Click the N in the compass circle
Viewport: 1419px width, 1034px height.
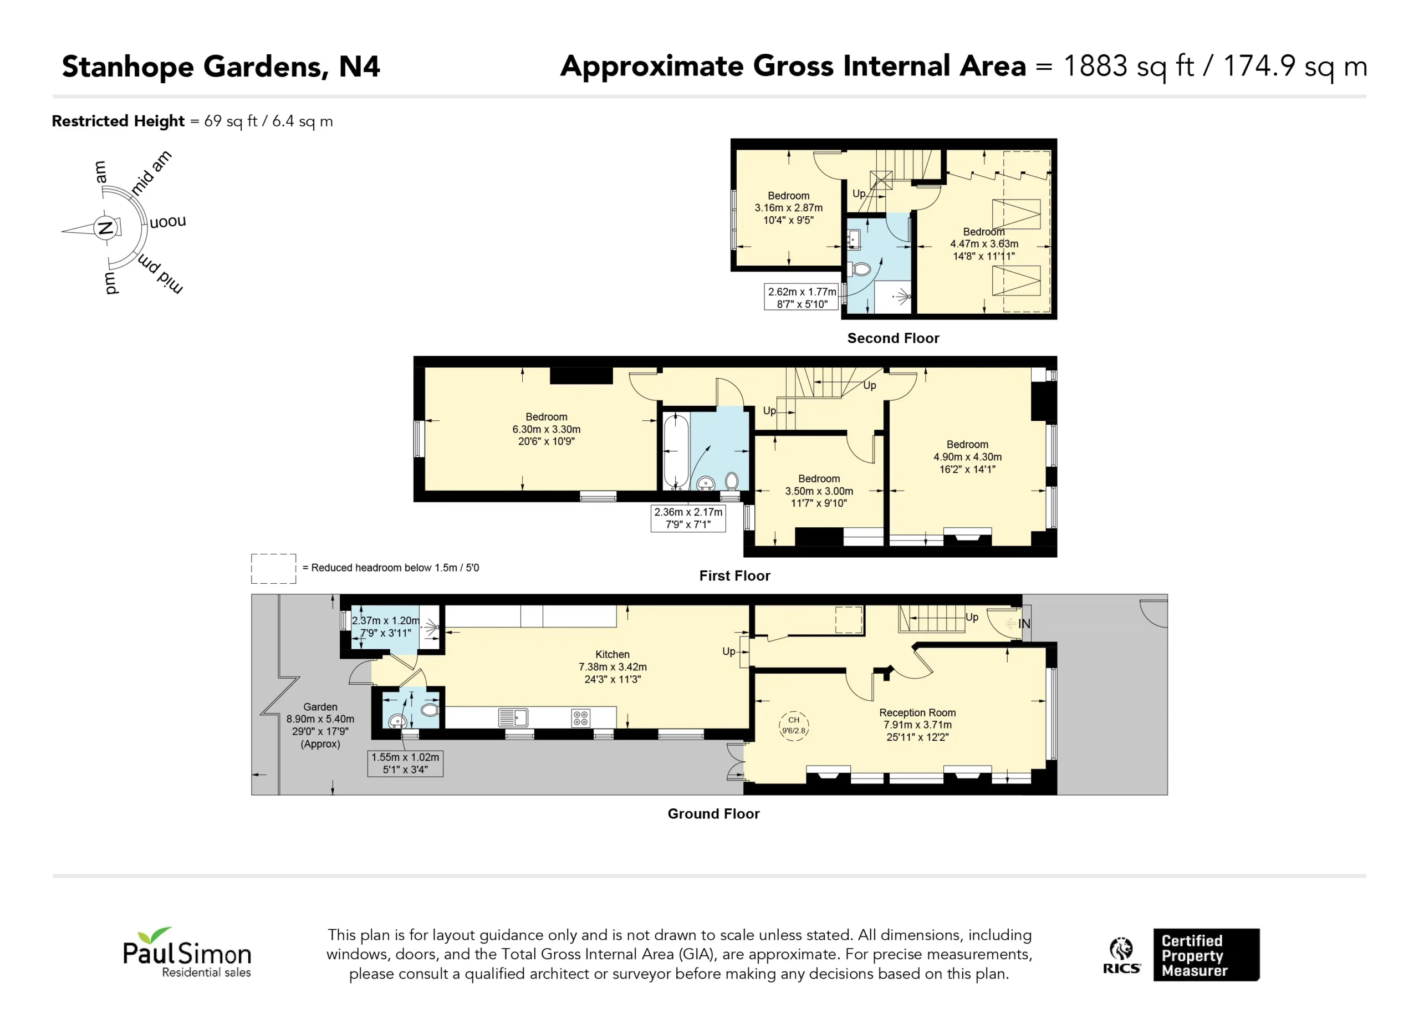point(105,227)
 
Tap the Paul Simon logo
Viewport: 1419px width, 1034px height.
point(187,952)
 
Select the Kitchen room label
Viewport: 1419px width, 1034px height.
point(612,654)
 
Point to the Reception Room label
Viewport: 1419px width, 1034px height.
point(917,712)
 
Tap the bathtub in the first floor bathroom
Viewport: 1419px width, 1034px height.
point(676,450)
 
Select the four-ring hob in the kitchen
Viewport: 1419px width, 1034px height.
point(580,718)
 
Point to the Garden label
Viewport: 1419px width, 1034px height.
point(320,707)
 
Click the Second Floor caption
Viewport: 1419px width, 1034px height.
point(893,338)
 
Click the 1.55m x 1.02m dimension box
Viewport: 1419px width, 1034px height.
point(405,763)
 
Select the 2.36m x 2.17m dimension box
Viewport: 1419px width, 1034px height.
point(688,518)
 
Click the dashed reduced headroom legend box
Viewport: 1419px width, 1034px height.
point(273,569)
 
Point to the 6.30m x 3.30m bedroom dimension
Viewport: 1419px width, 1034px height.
point(546,429)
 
